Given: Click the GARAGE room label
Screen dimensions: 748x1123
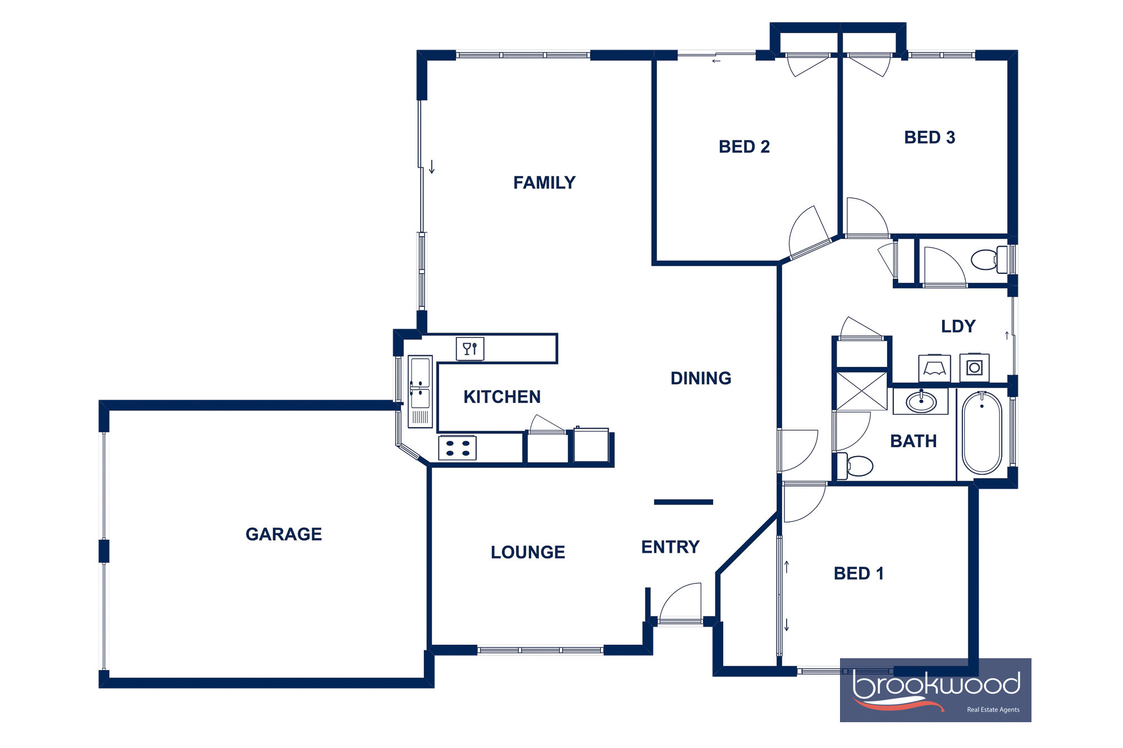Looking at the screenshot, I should pyautogui.click(x=284, y=534).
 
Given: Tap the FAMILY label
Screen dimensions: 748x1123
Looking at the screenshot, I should pyautogui.click(x=544, y=182).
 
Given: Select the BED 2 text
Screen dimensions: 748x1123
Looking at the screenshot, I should pyautogui.click(x=744, y=146).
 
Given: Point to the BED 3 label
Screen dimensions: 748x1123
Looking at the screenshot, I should pyautogui.click(x=929, y=137).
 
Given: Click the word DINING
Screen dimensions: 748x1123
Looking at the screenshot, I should pyautogui.click(x=701, y=378).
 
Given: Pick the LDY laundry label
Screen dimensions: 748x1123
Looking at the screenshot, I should pyautogui.click(x=958, y=326).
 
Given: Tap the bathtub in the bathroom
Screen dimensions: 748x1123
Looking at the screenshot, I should pyautogui.click(x=982, y=433).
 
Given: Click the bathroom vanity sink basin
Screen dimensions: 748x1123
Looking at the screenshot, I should pyautogui.click(x=921, y=402).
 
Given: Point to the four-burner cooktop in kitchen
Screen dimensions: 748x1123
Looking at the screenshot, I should pyautogui.click(x=458, y=448).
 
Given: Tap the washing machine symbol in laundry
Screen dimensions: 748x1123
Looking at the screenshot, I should pyautogui.click(x=974, y=368).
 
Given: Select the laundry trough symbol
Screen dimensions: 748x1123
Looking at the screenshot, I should pyautogui.click(x=934, y=369).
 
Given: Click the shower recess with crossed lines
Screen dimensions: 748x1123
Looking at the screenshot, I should pyautogui.click(x=862, y=391).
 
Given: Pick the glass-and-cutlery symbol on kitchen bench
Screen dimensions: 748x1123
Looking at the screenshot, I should pyautogui.click(x=470, y=349).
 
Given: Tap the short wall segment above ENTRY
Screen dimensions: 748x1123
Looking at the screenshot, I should pyautogui.click(x=683, y=502).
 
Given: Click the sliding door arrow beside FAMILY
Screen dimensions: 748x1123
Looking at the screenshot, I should pyautogui.click(x=432, y=167).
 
